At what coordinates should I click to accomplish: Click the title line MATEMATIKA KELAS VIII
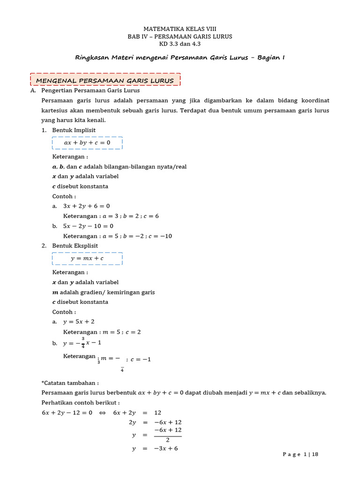[x=180, y=29]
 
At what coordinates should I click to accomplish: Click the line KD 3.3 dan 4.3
[x=180, y=44]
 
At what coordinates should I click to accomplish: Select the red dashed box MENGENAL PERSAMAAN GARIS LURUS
[x=105, y=80]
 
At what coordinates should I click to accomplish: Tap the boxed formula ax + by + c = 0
[x=87, y=142]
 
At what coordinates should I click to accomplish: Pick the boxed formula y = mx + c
[x=87, y=258]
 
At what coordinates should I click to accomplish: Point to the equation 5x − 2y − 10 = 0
[x=88, y=226]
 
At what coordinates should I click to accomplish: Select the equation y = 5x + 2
[x=79, y=322]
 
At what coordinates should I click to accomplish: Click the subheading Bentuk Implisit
[x=74, y=130]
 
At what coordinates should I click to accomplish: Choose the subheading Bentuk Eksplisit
[x=75, y=246]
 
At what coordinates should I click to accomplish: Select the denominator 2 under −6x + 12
[x=167, y=440]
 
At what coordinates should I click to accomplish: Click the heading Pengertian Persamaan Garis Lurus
[x=90, y=90]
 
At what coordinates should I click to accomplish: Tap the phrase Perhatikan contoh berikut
[x=81, y=403]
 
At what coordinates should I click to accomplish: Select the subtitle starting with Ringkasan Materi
[x=180, y=58]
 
